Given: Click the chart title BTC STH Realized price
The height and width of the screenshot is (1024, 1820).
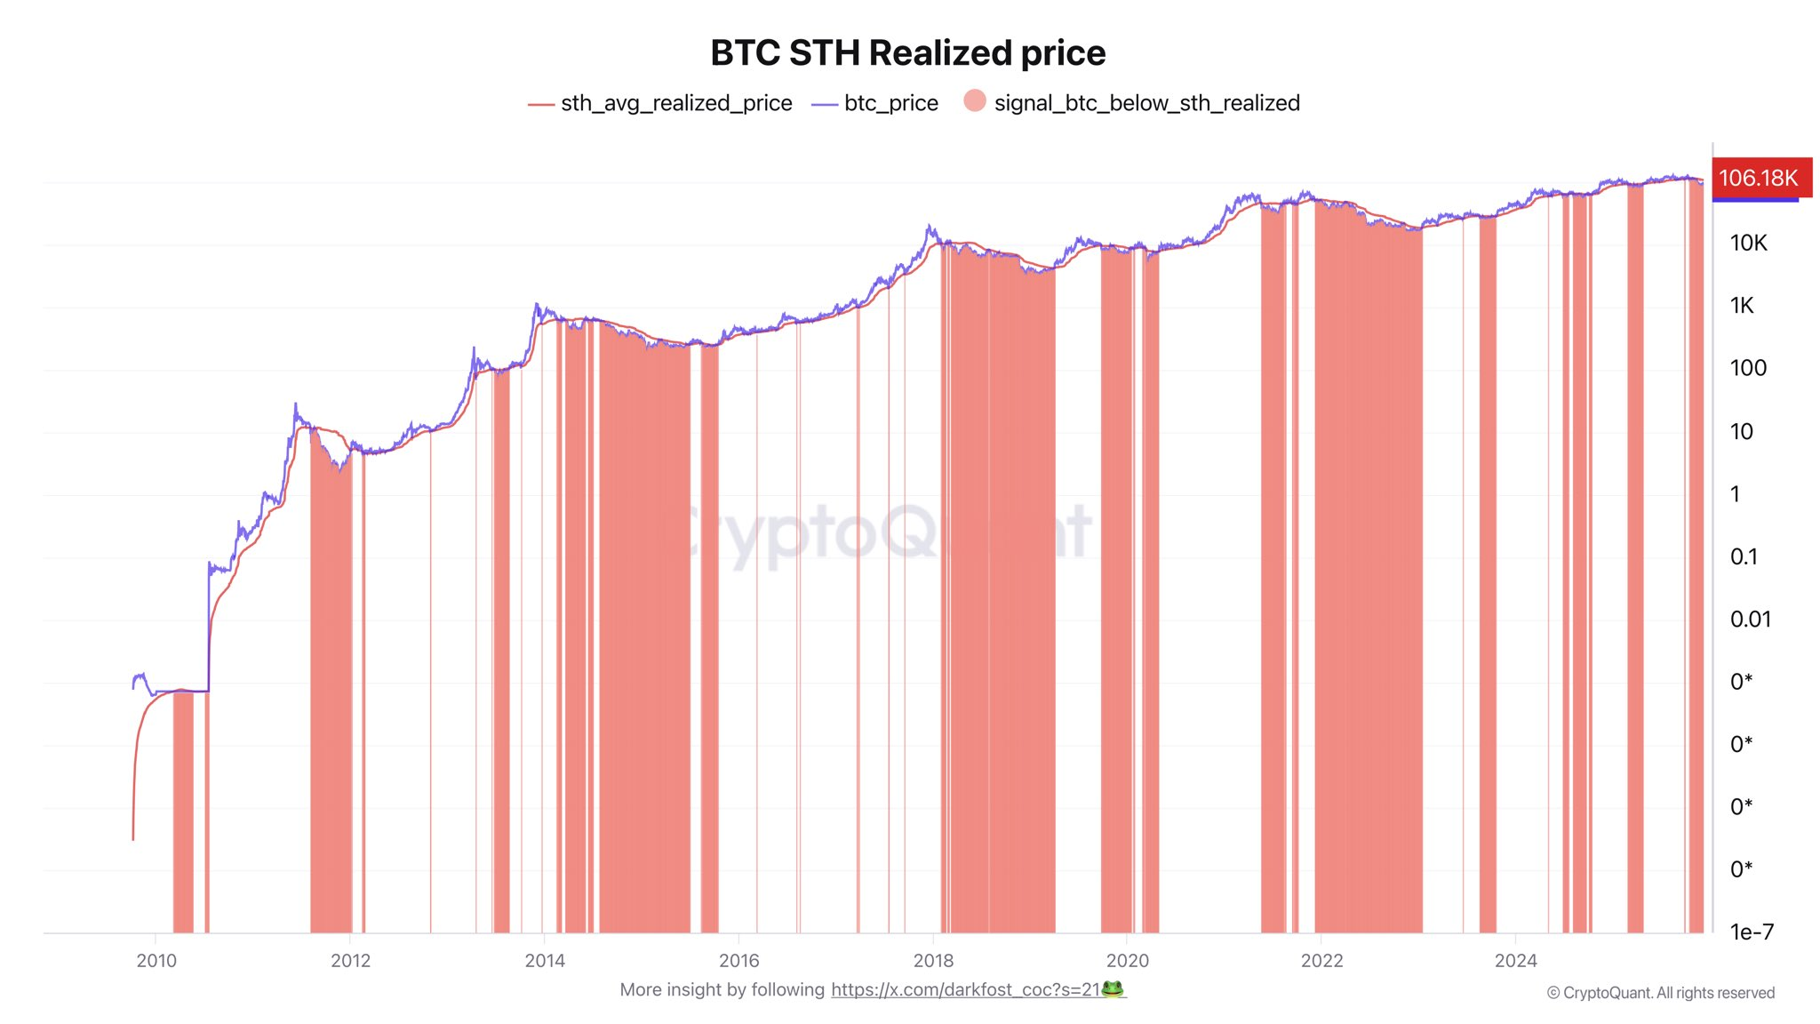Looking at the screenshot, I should (x=907, y=53).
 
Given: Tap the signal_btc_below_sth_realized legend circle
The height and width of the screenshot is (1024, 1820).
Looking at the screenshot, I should (x=975, y=101).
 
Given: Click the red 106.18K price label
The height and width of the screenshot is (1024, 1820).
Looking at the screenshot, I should (x=1758, y=178).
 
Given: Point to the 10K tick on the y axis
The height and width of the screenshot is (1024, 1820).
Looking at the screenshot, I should (x=1748, y=243).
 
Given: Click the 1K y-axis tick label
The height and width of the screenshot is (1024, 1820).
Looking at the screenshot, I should (x=1742, y=306).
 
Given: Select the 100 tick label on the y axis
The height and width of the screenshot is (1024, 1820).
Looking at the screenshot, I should (x=1748, y=368).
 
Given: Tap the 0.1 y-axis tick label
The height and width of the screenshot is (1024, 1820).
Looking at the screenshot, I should (x=1744, y=556).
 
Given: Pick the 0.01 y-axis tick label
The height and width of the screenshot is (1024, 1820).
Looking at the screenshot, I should (x=1750, y=620).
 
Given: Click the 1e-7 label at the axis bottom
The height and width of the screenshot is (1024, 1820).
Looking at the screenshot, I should (x=1752, y=932).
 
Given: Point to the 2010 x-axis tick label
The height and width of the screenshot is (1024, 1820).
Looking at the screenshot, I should (x=156, y=961).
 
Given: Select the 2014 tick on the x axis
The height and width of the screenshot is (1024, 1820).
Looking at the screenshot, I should (x=545, y=961).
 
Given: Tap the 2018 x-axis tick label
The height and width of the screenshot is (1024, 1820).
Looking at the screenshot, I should (x=933, y=961).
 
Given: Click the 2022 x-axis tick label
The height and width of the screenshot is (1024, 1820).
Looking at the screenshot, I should (x=1321, y=961).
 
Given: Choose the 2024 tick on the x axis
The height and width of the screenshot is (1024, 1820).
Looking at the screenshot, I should (x=1515, y=961).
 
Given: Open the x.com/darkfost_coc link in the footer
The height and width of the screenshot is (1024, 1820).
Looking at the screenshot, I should (x=965, y=990).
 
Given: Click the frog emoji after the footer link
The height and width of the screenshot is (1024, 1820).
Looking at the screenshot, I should (x=1113, y=989).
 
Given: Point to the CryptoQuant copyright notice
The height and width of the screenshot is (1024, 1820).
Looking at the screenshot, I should (x=1660, y=993).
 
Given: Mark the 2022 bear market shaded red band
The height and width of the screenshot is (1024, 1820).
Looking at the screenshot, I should (x=1369, y=578).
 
